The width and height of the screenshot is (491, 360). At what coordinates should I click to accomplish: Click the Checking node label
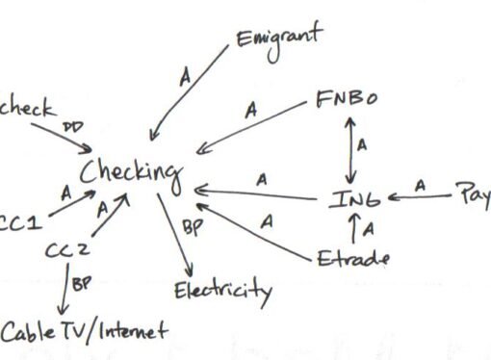[131, 172]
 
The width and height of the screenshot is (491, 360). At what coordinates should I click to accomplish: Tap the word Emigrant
[279, 39]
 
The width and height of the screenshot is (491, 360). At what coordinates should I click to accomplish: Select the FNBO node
[348, 101]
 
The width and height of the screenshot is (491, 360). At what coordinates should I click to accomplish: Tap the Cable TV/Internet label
[83, 333]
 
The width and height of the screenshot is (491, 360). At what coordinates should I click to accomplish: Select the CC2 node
[67, 251]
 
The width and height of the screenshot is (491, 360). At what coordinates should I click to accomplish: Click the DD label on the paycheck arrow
[73, 125]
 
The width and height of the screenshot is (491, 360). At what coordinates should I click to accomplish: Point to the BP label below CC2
[84, 286]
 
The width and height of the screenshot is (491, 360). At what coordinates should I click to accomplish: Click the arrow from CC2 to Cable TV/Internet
[64, 293]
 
